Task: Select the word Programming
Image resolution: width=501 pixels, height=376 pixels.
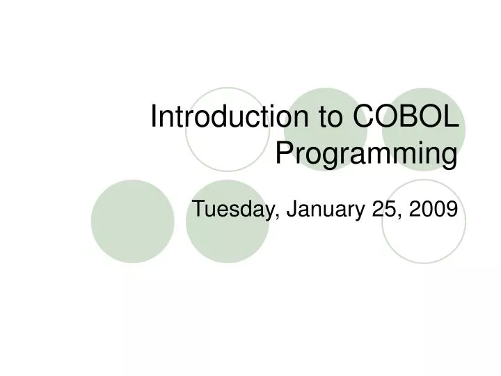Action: [x=367, y=154]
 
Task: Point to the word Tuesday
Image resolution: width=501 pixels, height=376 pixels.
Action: [x=232, y=207]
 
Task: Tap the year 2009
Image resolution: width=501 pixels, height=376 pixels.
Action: [x=435, y=207]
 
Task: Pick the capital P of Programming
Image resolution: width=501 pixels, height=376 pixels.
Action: [x=285, y=152]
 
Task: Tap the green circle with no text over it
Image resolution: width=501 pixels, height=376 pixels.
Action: [x=132, y=221]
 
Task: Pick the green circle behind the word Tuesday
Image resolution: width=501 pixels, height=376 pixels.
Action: [x=227, y=233]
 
